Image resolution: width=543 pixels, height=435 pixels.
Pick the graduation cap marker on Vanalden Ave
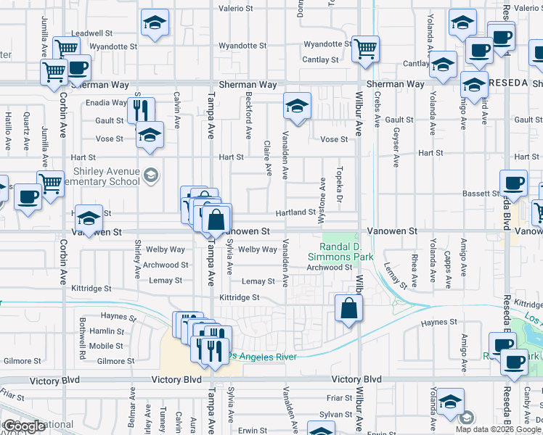click(x=297, y=106)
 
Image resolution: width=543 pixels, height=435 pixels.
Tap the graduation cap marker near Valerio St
click(x=155, y=22)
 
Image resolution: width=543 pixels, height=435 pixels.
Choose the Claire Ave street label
click(x=268, y=158)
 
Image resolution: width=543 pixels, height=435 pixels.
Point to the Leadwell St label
click(x=92, y=33)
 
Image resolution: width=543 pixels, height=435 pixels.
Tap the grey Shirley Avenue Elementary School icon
click(x=150, y=175)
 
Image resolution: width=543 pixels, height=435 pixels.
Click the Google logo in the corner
click(x=23, y=426)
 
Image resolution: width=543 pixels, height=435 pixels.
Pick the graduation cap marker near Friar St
click(x=450, y=401)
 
